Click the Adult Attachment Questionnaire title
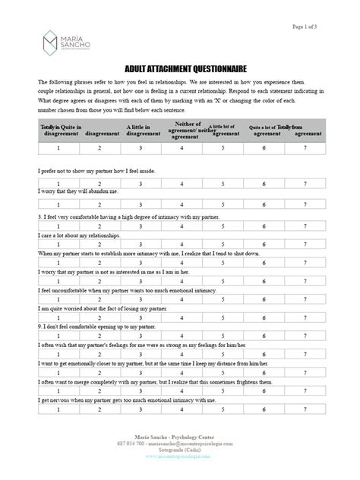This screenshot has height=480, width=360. point(178,68)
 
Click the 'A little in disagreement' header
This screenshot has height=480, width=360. point(137,131)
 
